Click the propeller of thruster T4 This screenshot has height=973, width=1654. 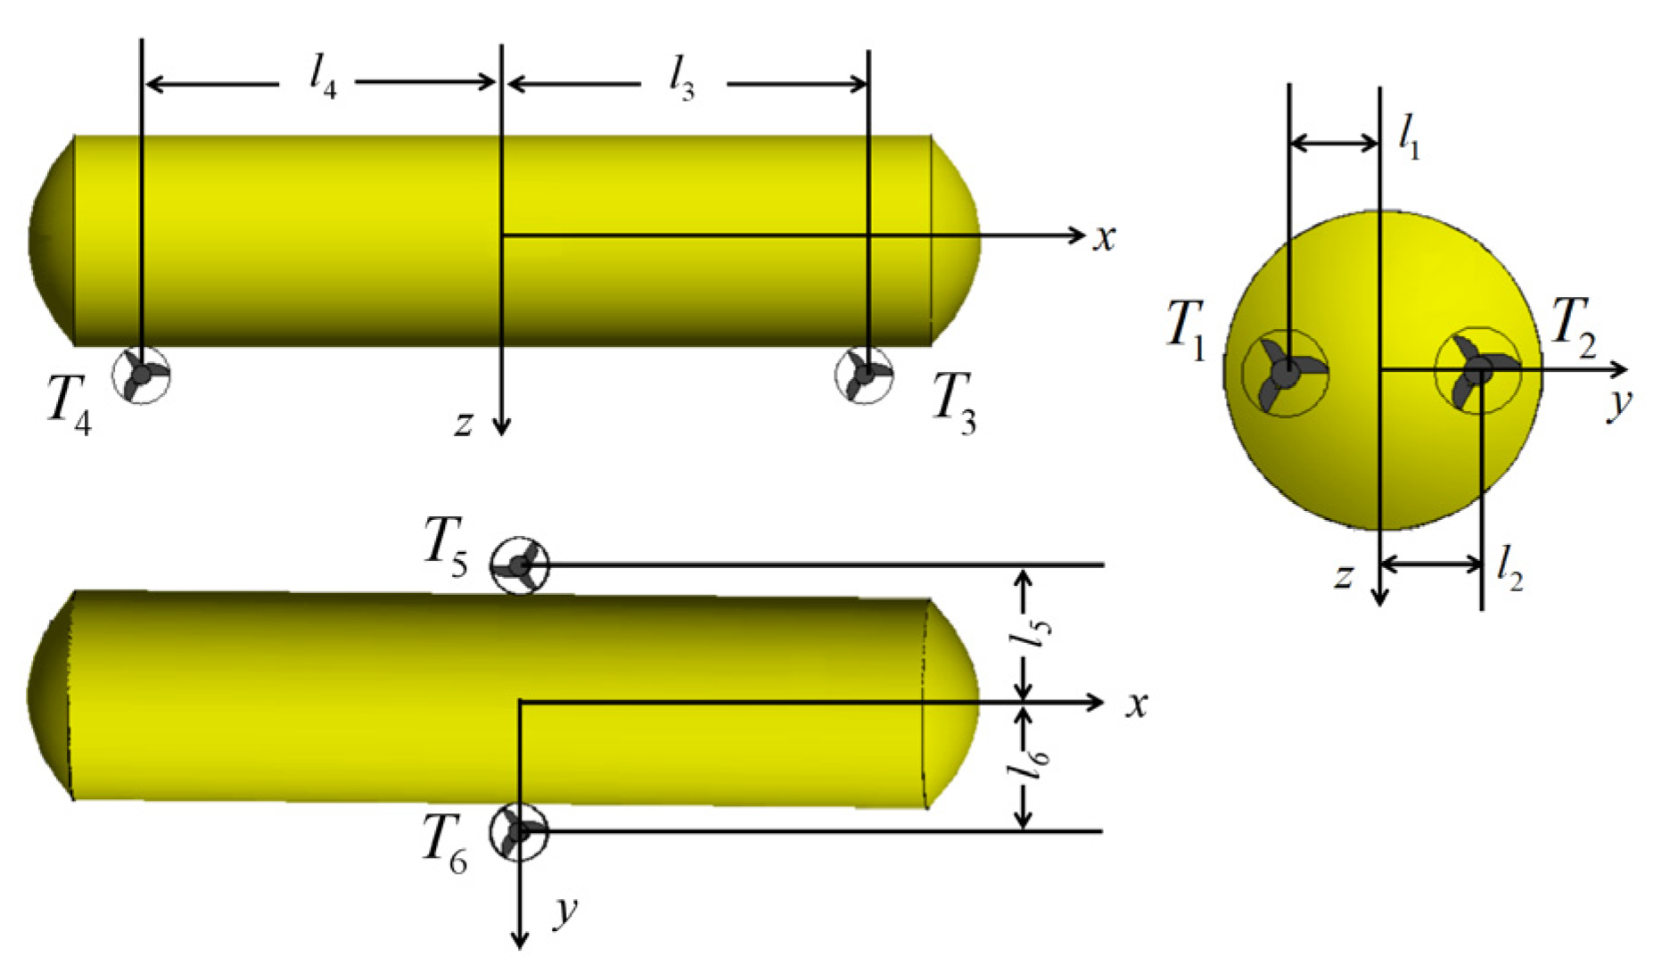coord(141,375)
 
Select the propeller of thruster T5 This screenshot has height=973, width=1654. coord(519,565)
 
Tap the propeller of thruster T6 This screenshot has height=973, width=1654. coord(519,831)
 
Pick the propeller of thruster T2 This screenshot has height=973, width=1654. coord(1477,371)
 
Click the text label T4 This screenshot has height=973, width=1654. coord(69,403)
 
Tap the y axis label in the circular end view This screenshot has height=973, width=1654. coord(1618,404)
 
